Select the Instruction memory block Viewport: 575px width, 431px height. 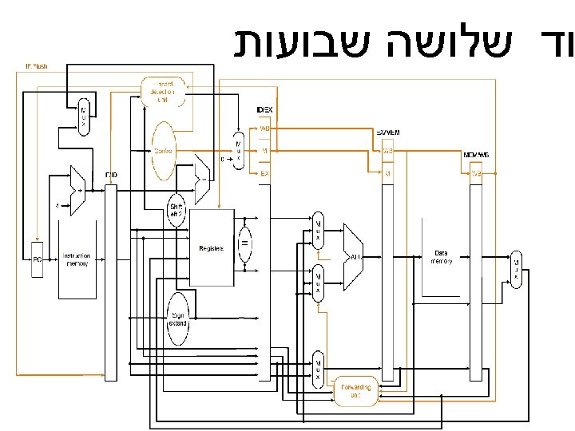click(x=77, y=260)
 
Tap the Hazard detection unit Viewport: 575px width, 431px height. click(x=162, y=92)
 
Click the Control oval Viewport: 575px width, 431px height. click(x=164, y=150)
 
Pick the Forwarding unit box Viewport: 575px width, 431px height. click(x=356, y=391)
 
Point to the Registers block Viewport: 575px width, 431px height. click(x=212, y=248)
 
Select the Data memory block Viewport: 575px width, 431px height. click(x=441, y=257)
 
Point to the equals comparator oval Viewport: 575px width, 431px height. click(x=246, y=241)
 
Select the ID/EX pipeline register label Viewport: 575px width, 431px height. click(x=263, y=109)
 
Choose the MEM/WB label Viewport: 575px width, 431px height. click(x=477, y=155)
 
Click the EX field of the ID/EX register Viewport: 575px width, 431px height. click(x=264, y=172)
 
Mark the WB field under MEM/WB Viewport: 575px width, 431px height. click(x=477, y=173)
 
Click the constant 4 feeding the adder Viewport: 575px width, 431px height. click(x=57, y=206)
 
